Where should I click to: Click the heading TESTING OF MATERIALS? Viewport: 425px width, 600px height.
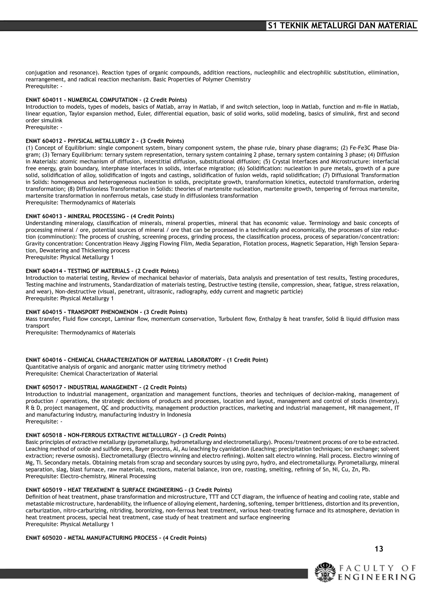pos(99,271)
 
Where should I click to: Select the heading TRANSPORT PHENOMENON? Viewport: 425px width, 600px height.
pos(103,312)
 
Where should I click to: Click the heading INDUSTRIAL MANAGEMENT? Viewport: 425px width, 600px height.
pos(103,387)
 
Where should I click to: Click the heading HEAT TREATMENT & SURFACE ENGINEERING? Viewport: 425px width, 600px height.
pos(125,490)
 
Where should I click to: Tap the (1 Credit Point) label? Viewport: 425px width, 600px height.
pos(248,360)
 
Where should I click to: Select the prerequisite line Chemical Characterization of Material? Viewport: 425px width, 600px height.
pos(92,374)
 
